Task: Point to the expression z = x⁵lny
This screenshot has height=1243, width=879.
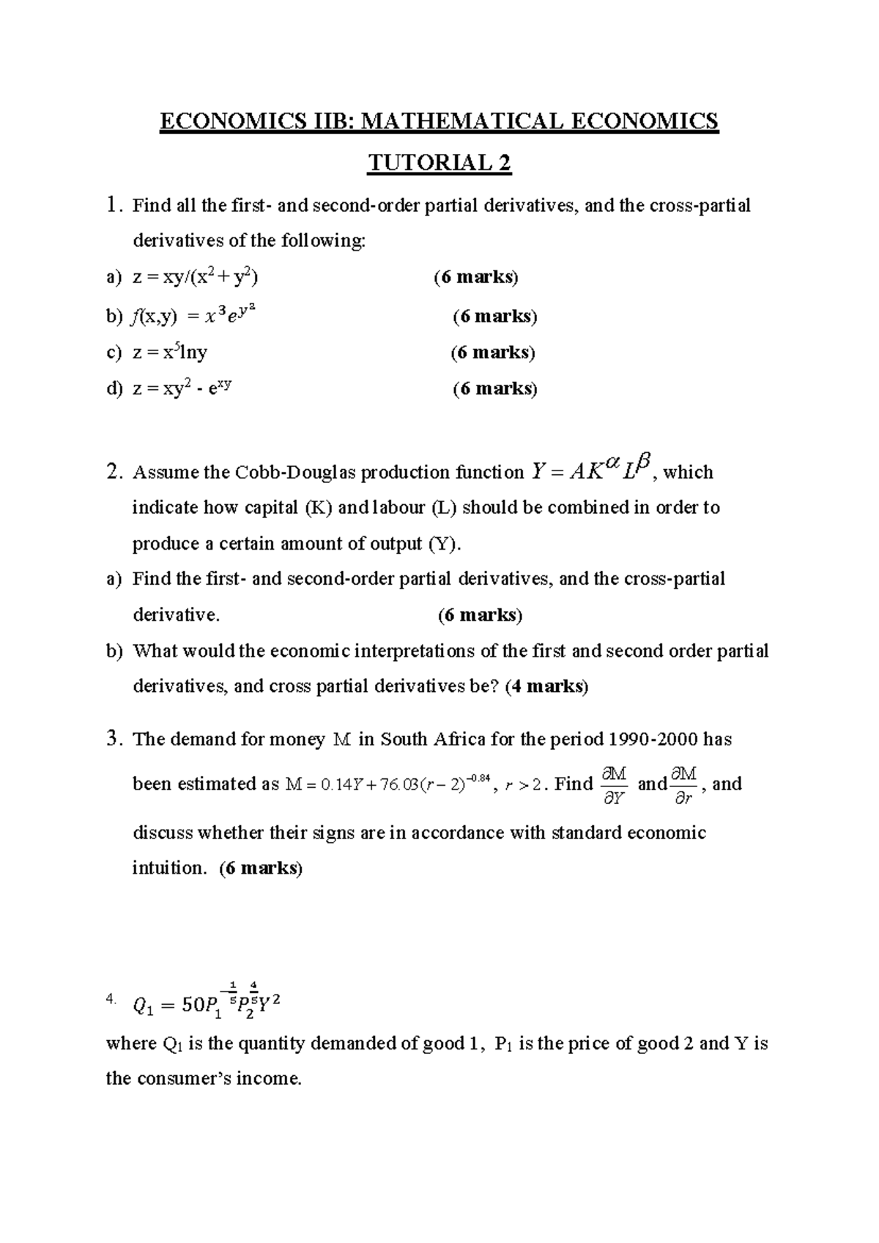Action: pos(169,353)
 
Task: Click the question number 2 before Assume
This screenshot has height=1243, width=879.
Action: pos(112,472)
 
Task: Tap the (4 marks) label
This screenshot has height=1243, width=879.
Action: pos(546,687)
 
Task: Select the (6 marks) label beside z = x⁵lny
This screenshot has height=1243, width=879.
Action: pos(492,353)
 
